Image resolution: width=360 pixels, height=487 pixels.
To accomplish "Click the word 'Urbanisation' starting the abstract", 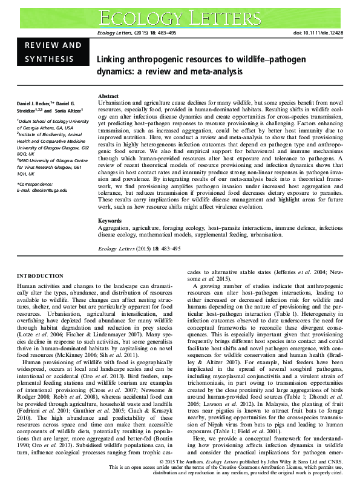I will pos(116,104).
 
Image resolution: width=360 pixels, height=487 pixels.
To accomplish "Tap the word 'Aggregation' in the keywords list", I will pos(115,229).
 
